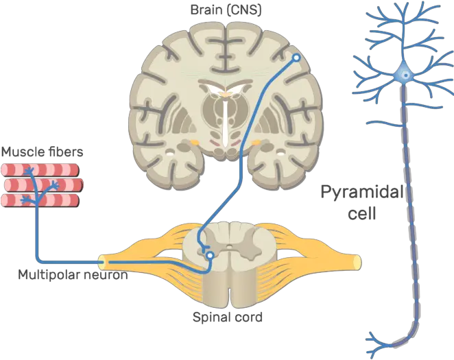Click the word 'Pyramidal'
coord(360,193)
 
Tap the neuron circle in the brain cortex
coord(296,59)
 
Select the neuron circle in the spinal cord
coord(209,256)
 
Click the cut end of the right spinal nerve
coord(357,261)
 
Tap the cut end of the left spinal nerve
coord(102,261)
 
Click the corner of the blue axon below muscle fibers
coord(37,261)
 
